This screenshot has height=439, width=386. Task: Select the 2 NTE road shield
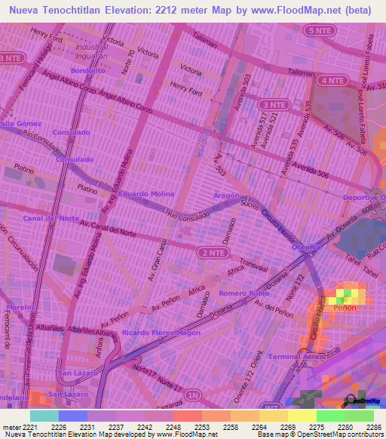pos(212,254)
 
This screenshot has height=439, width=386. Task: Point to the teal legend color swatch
pos(44,416)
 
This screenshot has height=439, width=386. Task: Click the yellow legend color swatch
pos(302,416)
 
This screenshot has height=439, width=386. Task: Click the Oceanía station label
pos(306,247)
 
